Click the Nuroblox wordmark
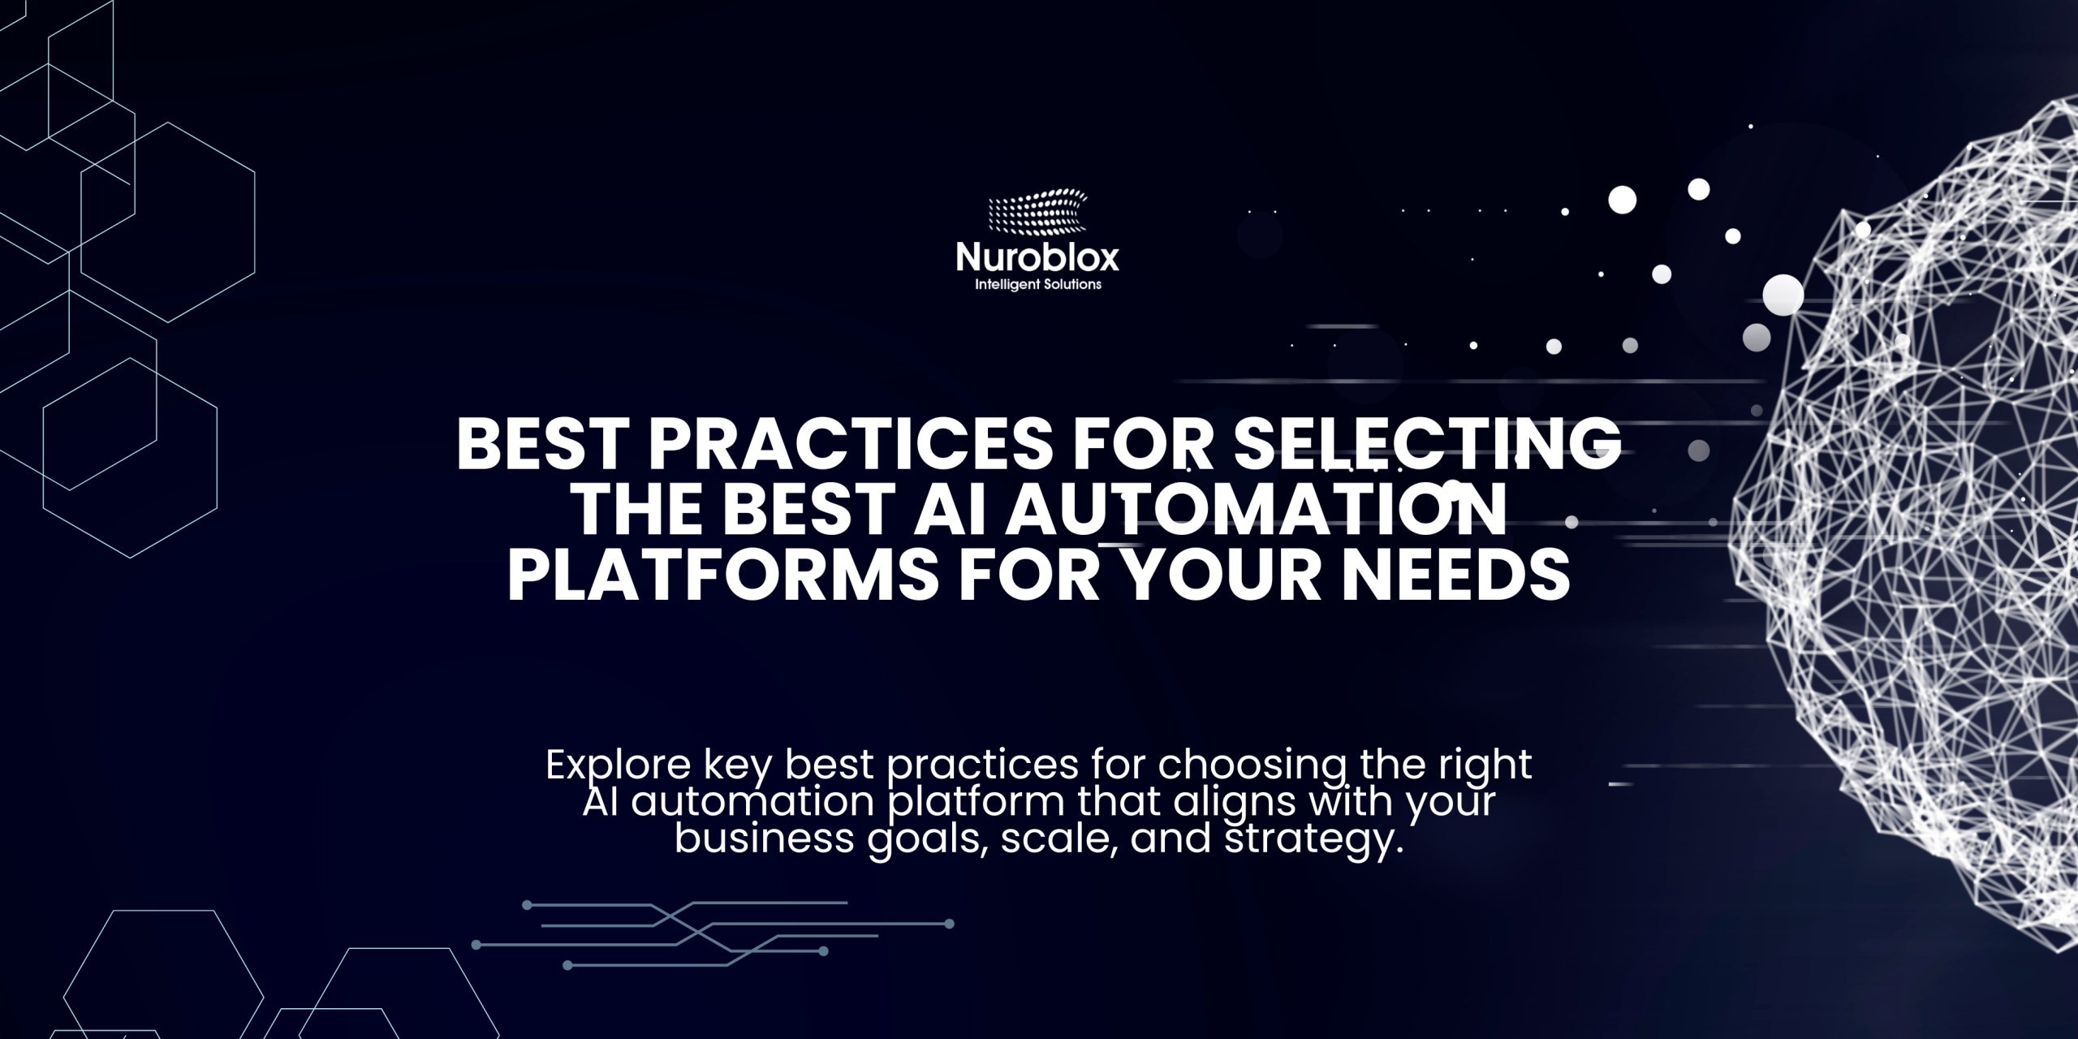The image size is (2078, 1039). [1037, 258]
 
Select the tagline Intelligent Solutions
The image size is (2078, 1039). [1038, 285]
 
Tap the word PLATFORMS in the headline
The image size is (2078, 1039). [724, 576]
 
